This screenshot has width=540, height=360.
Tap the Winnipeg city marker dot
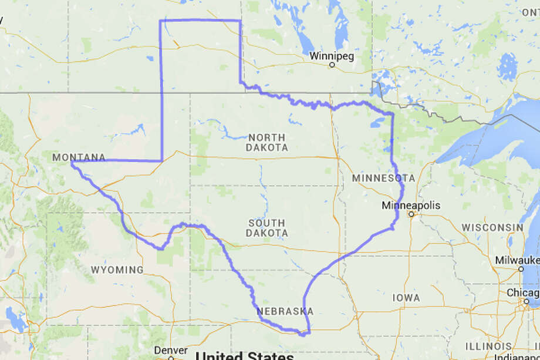[x=332, y=65]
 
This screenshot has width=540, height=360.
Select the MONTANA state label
[x=79, y=157]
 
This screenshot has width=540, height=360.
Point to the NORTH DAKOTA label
[x=268, y=143]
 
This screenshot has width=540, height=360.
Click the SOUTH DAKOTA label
[x=268, y=228]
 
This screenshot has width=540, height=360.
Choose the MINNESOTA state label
[x=383, y=178]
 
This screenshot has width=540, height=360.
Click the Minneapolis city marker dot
[x=411, y=214]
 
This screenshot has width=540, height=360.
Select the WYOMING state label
[x=117, y=270]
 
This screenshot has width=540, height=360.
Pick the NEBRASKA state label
[x=285, y=311]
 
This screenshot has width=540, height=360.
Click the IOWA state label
[x=407, y=298]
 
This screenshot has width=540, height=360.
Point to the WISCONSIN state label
[x=492, y=227]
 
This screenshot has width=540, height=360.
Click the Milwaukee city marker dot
[x=521, y=268]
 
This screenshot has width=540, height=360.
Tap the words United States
[x=244, y=356]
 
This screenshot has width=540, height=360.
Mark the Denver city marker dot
[x=171, y=358]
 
